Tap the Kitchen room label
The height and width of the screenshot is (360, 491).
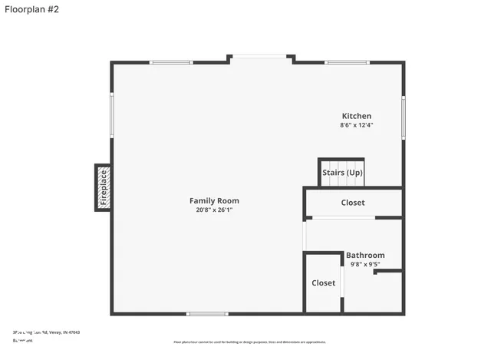(357, 116)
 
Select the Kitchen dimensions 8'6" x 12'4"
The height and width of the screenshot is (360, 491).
(357, 125)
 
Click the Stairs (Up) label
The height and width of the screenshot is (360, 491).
(342, 173)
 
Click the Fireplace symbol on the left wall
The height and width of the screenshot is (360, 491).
(103, 187)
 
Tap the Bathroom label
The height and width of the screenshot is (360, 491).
(365, 255)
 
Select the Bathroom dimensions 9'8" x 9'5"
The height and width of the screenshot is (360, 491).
(365, 264)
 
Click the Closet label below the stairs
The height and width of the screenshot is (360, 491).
(353, 203)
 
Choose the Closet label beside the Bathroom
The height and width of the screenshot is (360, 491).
(323, 282)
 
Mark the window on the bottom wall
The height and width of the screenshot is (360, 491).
(207, 313)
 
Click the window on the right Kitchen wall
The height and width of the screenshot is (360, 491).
(403, 117)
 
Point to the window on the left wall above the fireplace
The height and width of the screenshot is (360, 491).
(112, 115)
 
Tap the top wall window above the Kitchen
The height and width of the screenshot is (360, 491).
(347, 62)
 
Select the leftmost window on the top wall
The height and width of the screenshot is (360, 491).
(170, 62)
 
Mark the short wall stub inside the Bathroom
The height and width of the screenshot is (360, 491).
(387, 271)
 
